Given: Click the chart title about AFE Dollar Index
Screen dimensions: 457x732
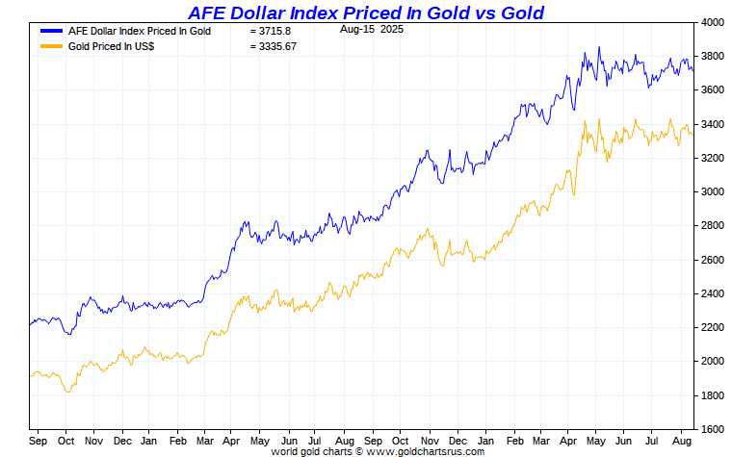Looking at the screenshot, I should click(366, 13).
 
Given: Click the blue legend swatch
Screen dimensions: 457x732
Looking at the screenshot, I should click(51, 31).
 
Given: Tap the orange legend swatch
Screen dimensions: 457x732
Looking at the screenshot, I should click(51, 45).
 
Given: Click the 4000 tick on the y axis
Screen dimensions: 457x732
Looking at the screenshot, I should click(713, 22).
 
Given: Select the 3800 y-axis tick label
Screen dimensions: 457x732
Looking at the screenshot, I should click(713, 57).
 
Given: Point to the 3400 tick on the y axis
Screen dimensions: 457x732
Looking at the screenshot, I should click(713, 124).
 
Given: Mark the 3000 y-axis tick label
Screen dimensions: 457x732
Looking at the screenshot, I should click(713, 192).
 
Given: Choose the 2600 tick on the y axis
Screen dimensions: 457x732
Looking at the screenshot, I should click(713, 260).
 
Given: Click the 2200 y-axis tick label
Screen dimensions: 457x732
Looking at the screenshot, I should click(713, 327).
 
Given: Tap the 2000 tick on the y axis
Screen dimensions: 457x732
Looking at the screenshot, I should click(713, 362).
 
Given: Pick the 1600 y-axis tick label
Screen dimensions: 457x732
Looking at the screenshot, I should click(713, 429).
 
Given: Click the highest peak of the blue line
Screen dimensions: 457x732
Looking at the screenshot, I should click(599, 47).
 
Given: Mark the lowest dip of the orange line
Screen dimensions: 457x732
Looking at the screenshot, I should click(66, 392).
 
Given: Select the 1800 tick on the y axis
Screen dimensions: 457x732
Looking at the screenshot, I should click(713, 395).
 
